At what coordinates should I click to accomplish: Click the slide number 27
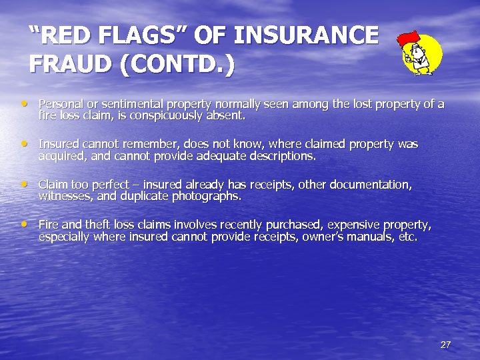tap(445, 345)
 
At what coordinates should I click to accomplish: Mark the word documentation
tap(367, 184)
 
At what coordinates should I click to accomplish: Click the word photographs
tap(203, 196)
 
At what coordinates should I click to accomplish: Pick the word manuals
tap(373, 236)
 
